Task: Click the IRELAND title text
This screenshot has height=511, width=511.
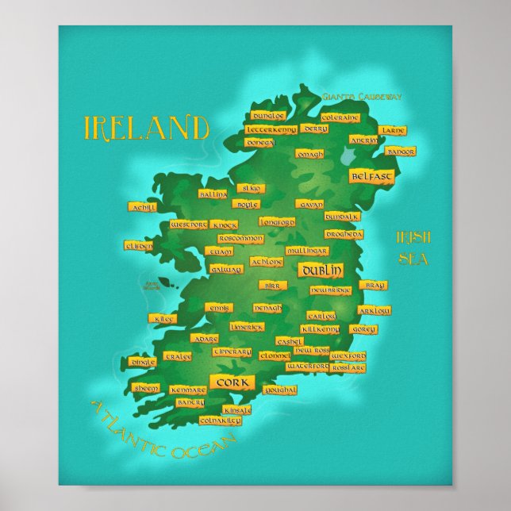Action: (147, 127)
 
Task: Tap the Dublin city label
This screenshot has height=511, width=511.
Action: (322, 271)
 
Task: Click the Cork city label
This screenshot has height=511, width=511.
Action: (232, 382)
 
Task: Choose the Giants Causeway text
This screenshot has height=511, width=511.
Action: (362, 97)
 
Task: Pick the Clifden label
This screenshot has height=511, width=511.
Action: (139, 246)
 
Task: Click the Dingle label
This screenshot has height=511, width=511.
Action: (143, 362)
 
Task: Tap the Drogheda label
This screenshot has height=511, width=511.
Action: (344, 235)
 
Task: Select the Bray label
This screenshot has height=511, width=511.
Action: (372, 285)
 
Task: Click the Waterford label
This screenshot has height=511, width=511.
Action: (307, 367)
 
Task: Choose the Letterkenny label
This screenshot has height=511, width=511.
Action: (271, 129)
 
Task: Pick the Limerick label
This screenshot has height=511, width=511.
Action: (247, 326)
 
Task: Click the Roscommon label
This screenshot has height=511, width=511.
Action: (240, 238)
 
